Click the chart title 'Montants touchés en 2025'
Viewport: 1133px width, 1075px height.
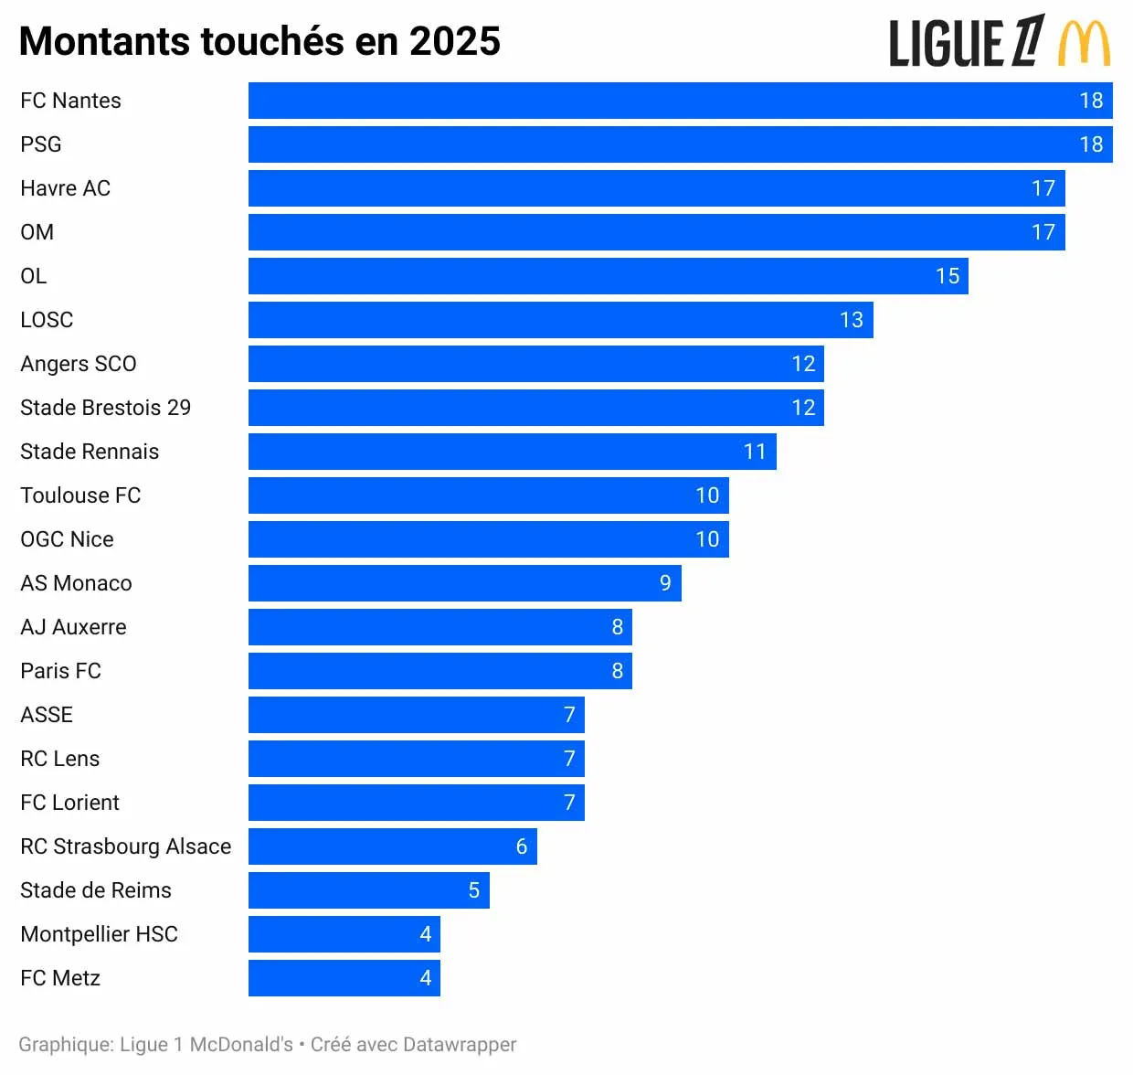[259, 42]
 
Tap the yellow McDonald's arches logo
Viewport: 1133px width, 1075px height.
[1085, 44]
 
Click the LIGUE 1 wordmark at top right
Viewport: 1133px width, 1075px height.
[967, 43]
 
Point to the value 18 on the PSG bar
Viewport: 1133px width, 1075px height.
[1091, 144]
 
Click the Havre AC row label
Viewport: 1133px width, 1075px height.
[65, 188]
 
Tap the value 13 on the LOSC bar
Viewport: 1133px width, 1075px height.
[851, 320]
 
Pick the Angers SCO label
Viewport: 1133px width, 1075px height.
[78, 364]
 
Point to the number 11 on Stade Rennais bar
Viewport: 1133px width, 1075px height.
[754, 452]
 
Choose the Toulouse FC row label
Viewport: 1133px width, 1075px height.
[80, 495]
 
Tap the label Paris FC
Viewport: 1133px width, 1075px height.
[60, 671]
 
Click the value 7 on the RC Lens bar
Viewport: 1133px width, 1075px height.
[569, 759]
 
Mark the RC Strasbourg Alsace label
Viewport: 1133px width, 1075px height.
[125, 846]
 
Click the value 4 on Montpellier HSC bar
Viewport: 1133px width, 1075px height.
[425, 934]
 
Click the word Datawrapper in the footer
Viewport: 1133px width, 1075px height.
[459, 1044]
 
